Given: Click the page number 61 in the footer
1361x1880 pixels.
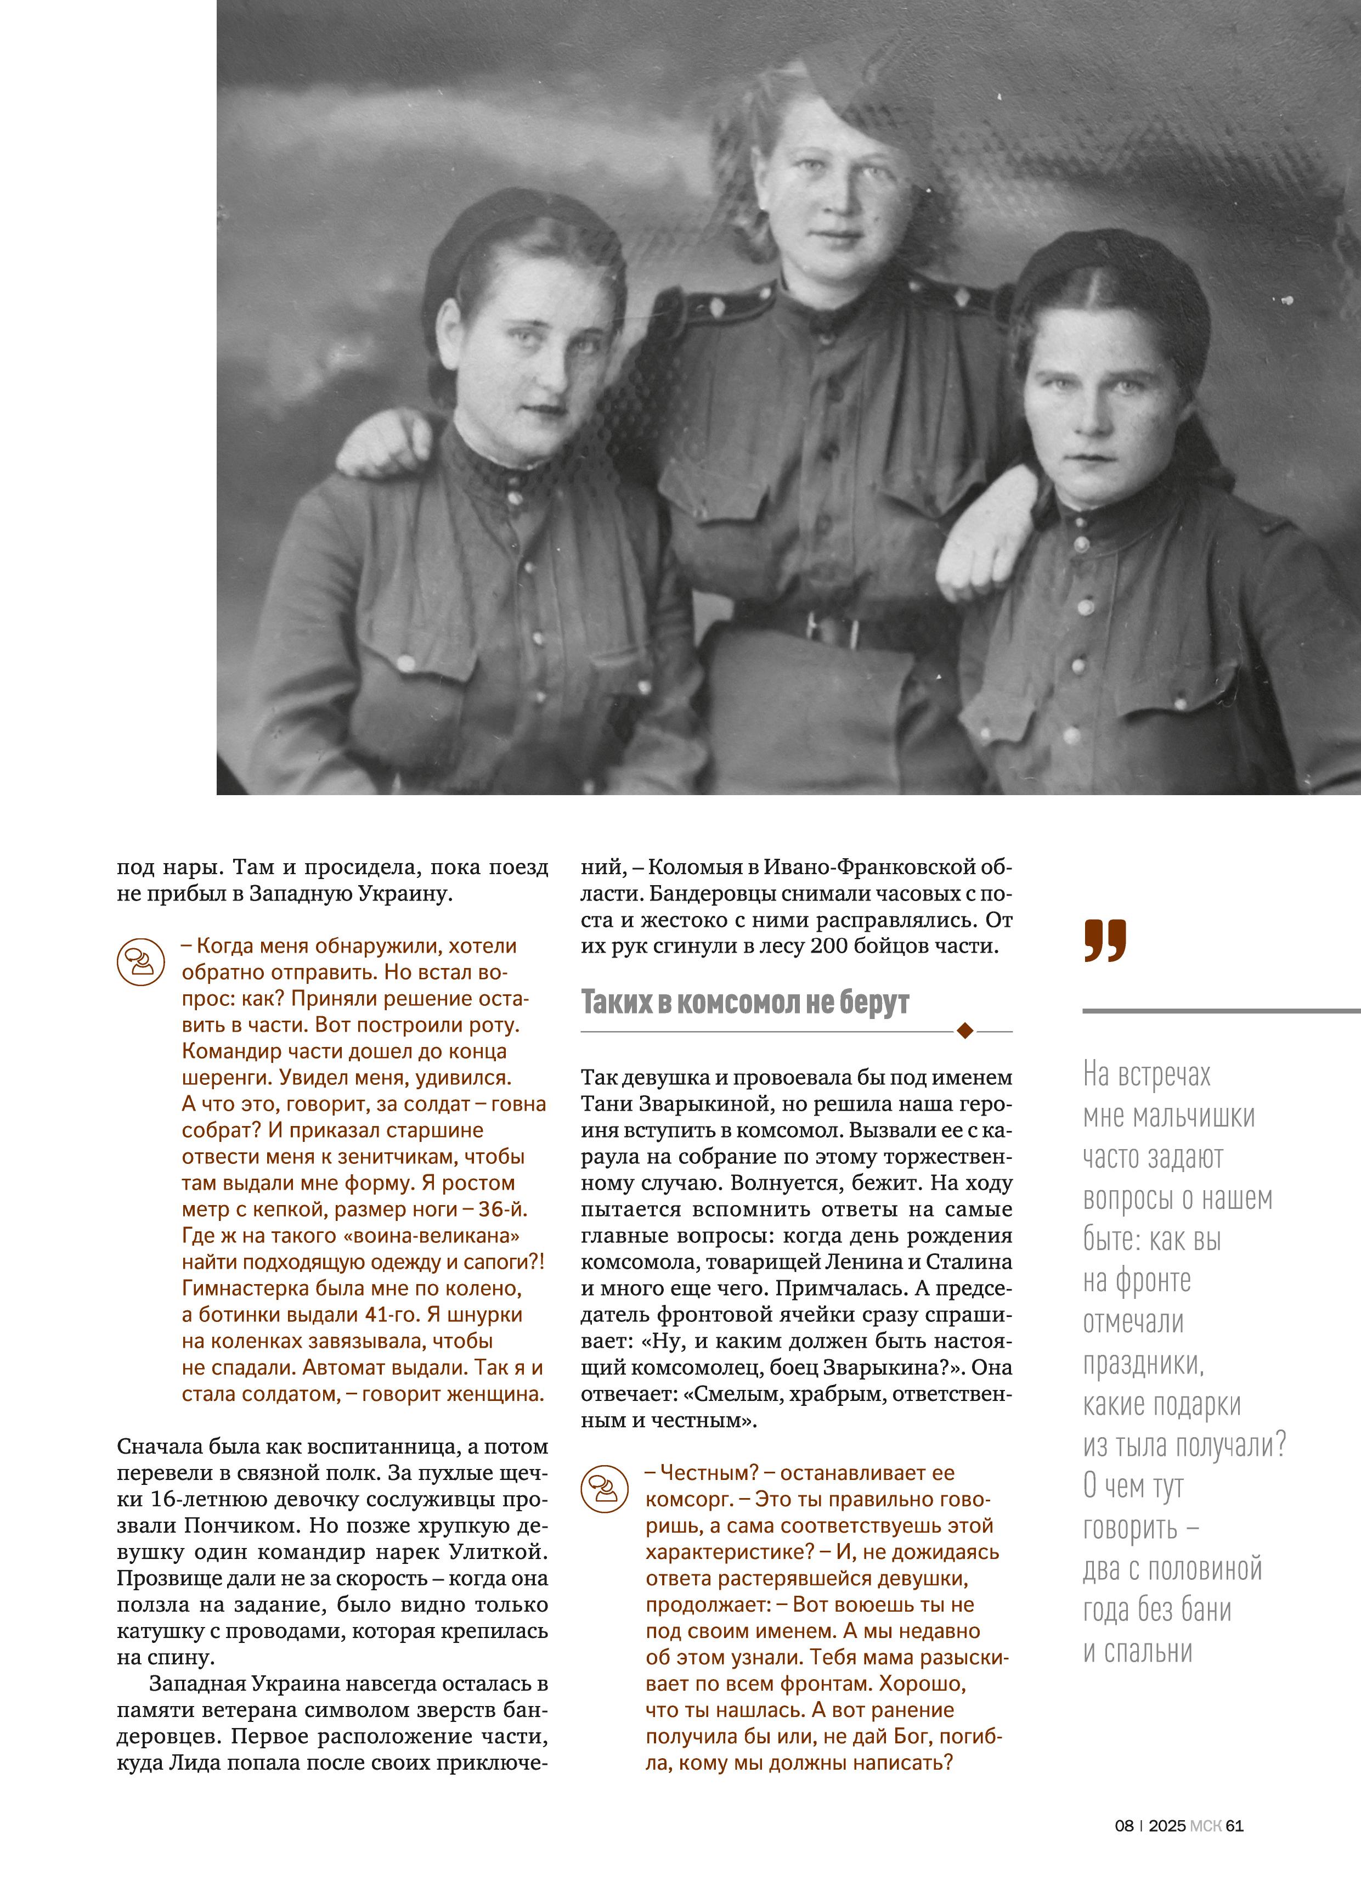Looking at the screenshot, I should (x=1235, y=1825).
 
